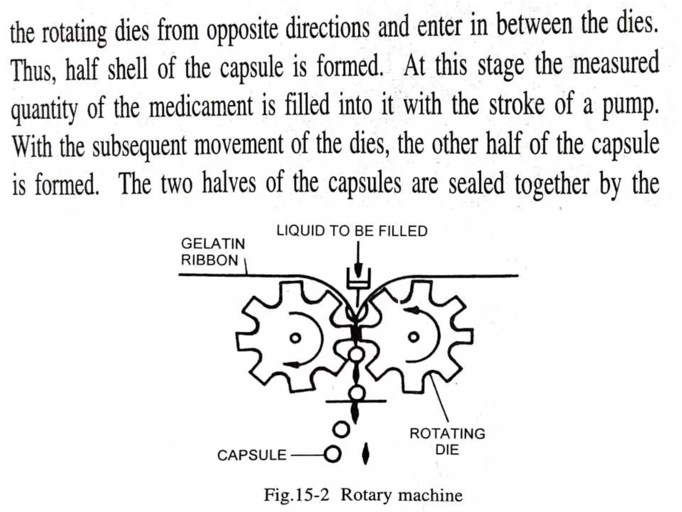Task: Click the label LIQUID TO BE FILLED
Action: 352,231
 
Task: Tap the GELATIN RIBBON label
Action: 213,252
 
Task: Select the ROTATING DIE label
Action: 447,442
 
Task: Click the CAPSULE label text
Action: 252,455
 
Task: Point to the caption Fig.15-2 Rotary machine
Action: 363,495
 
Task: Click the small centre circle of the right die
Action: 414,337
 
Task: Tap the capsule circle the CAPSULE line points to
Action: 333,454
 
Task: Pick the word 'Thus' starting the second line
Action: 32,71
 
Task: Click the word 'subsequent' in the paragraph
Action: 140,147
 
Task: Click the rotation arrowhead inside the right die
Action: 413,310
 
